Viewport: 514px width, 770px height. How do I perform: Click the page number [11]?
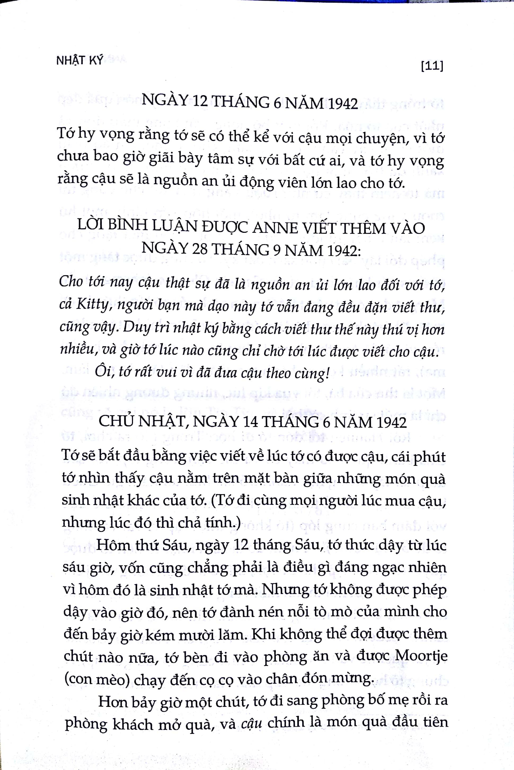pos(431,67)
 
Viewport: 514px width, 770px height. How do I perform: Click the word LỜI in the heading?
pos(91,228)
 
